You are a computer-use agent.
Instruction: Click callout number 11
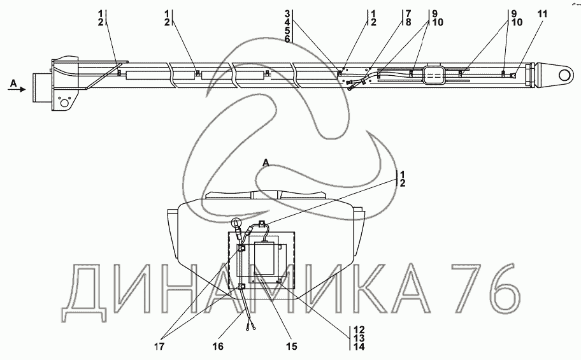542,15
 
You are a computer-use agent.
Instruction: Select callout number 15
292,346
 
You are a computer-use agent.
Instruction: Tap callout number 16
218,346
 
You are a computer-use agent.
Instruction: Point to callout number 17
160,346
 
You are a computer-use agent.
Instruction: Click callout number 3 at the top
287,14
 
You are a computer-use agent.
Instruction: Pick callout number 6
287,39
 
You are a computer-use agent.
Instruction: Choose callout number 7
408,14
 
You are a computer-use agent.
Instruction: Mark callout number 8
408,22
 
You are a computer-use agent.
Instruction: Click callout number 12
359,330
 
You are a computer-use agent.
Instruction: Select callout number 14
359,347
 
